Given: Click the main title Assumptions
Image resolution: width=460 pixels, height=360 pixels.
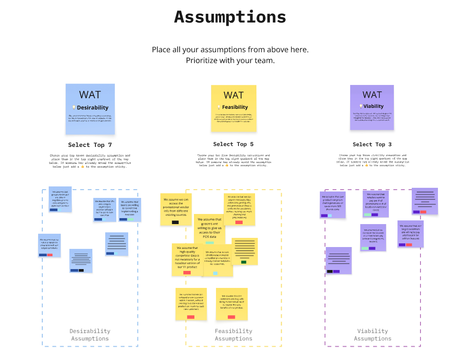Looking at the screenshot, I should tap(230, 17).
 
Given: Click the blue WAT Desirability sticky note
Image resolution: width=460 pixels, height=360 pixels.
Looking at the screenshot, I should tap(90, 109).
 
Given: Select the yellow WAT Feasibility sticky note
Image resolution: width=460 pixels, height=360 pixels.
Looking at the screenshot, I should tap(233, 109).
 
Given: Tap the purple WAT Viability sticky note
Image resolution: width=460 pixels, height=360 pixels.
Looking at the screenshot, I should tap(372, 107).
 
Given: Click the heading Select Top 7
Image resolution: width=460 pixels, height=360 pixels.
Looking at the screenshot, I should tap(90, 145).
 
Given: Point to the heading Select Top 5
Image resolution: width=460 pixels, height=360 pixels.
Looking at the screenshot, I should tap(233, 144).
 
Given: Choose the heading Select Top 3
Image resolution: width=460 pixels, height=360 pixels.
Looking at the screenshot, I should tap(372, 144).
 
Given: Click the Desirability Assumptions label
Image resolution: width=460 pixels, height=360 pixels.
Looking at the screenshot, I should tap(90, 335).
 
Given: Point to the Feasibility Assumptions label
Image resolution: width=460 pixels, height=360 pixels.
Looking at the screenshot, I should tap(233, 335).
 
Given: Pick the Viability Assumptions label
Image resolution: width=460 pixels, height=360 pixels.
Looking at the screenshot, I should tap(373, 335).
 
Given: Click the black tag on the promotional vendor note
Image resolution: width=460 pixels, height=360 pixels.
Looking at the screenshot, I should tap(175, 222).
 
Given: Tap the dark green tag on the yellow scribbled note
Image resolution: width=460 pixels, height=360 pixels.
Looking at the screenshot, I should tap(244, 262).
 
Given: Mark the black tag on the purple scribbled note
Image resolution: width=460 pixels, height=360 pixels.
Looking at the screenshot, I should tap(329, 271).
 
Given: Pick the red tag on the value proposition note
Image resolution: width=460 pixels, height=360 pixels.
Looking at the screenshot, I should tap(50, 255).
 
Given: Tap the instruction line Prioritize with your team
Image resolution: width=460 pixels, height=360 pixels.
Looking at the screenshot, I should tap(230, 60).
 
